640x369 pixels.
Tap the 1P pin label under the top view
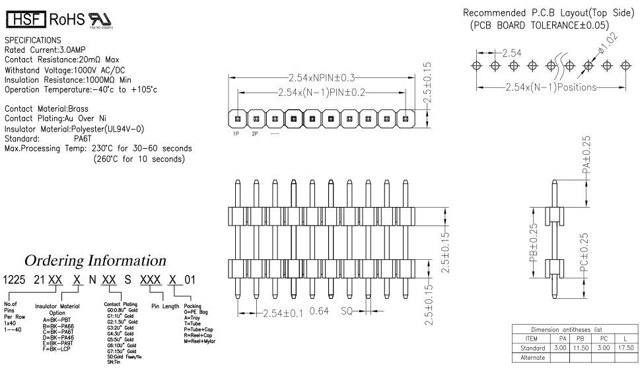coord(236,134)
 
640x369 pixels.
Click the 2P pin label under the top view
coord(255,134)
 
